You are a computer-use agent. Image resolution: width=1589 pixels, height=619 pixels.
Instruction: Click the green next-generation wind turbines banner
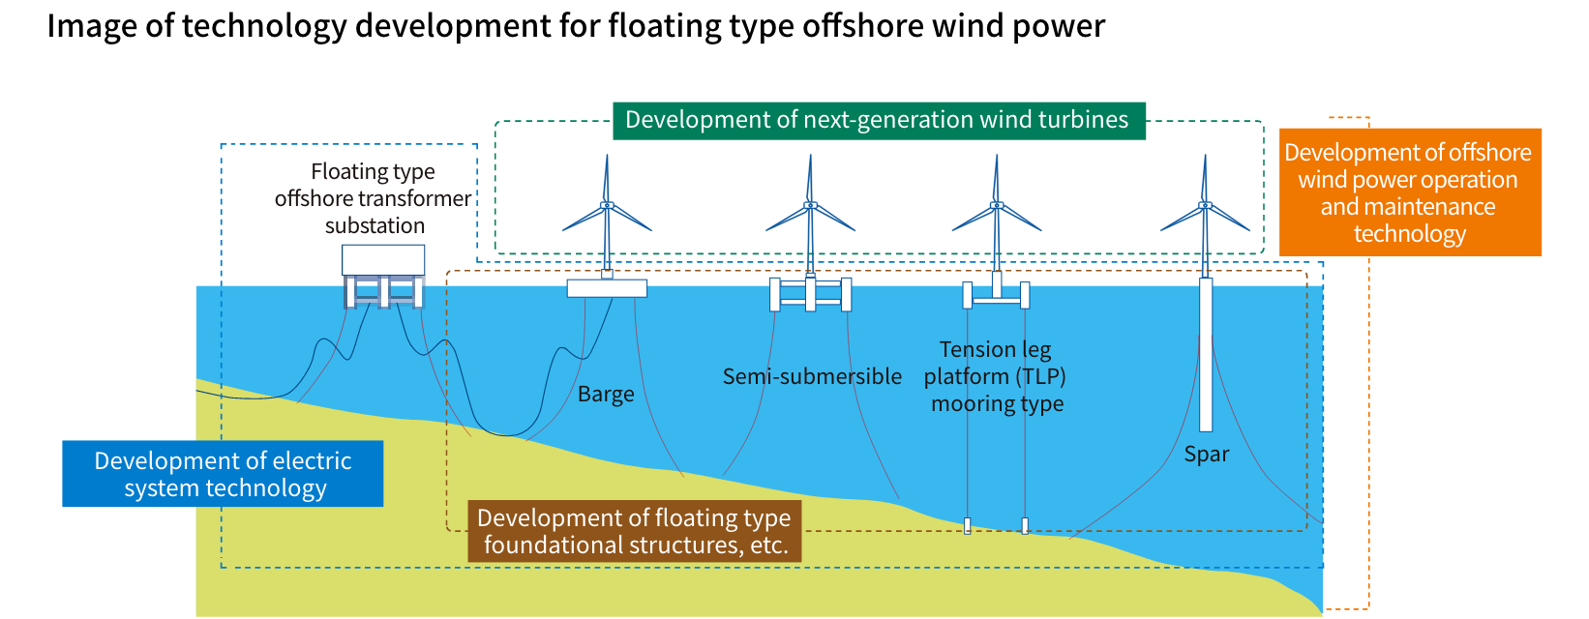point(878,120)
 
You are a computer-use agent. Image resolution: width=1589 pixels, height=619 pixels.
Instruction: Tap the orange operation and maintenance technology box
point(1410,192)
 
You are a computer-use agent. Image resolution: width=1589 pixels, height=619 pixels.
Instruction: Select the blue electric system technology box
point(223,474)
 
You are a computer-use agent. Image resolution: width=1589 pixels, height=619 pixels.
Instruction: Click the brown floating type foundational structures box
point(635,531)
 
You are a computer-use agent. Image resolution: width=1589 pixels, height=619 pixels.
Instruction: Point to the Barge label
point(606,395)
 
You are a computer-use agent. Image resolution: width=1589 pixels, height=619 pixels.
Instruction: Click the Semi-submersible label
point(812,376)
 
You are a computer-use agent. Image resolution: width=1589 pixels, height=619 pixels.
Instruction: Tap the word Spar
point(1206,455)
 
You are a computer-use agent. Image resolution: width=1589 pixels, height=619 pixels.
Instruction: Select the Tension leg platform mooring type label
point(996,376)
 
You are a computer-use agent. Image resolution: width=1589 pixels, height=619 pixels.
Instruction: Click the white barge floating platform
point(607,287)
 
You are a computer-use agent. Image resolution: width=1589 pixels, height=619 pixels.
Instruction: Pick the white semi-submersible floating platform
point(810,294)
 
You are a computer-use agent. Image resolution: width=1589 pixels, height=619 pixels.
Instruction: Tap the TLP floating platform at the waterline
point(996,294)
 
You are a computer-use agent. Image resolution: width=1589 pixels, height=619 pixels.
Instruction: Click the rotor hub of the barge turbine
point(607,205)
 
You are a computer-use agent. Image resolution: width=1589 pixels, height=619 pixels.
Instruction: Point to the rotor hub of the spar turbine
point(1205,205)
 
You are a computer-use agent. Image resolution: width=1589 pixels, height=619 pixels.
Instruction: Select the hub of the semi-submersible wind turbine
point(810,205)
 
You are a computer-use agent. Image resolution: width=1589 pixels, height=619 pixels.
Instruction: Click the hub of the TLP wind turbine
point(996,205)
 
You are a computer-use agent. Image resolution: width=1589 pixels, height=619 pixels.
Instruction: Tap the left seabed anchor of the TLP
point(967,526)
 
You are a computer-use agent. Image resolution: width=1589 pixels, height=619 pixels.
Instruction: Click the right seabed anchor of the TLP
point(1025,526)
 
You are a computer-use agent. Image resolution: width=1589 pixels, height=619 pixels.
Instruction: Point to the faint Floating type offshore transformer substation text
point(374,198)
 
